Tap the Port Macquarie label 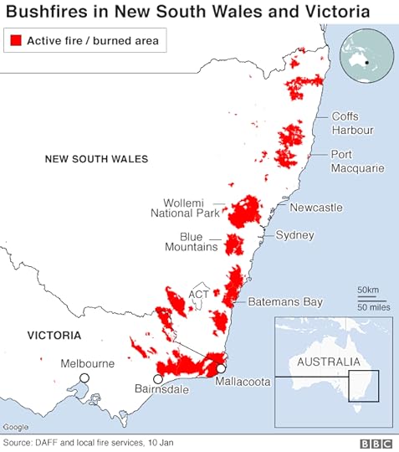tap(357, 161)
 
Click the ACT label tap(199, 295)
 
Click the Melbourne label tap(87, 363)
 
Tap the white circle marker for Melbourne tap(84, 379)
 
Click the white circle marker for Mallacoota tap(221, 367)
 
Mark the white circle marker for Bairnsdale tap(157, 378)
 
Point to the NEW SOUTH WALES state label tap(96, 158)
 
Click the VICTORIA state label tap(54, 335)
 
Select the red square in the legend tap(16, 40)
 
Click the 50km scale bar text tap(368, 290)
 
